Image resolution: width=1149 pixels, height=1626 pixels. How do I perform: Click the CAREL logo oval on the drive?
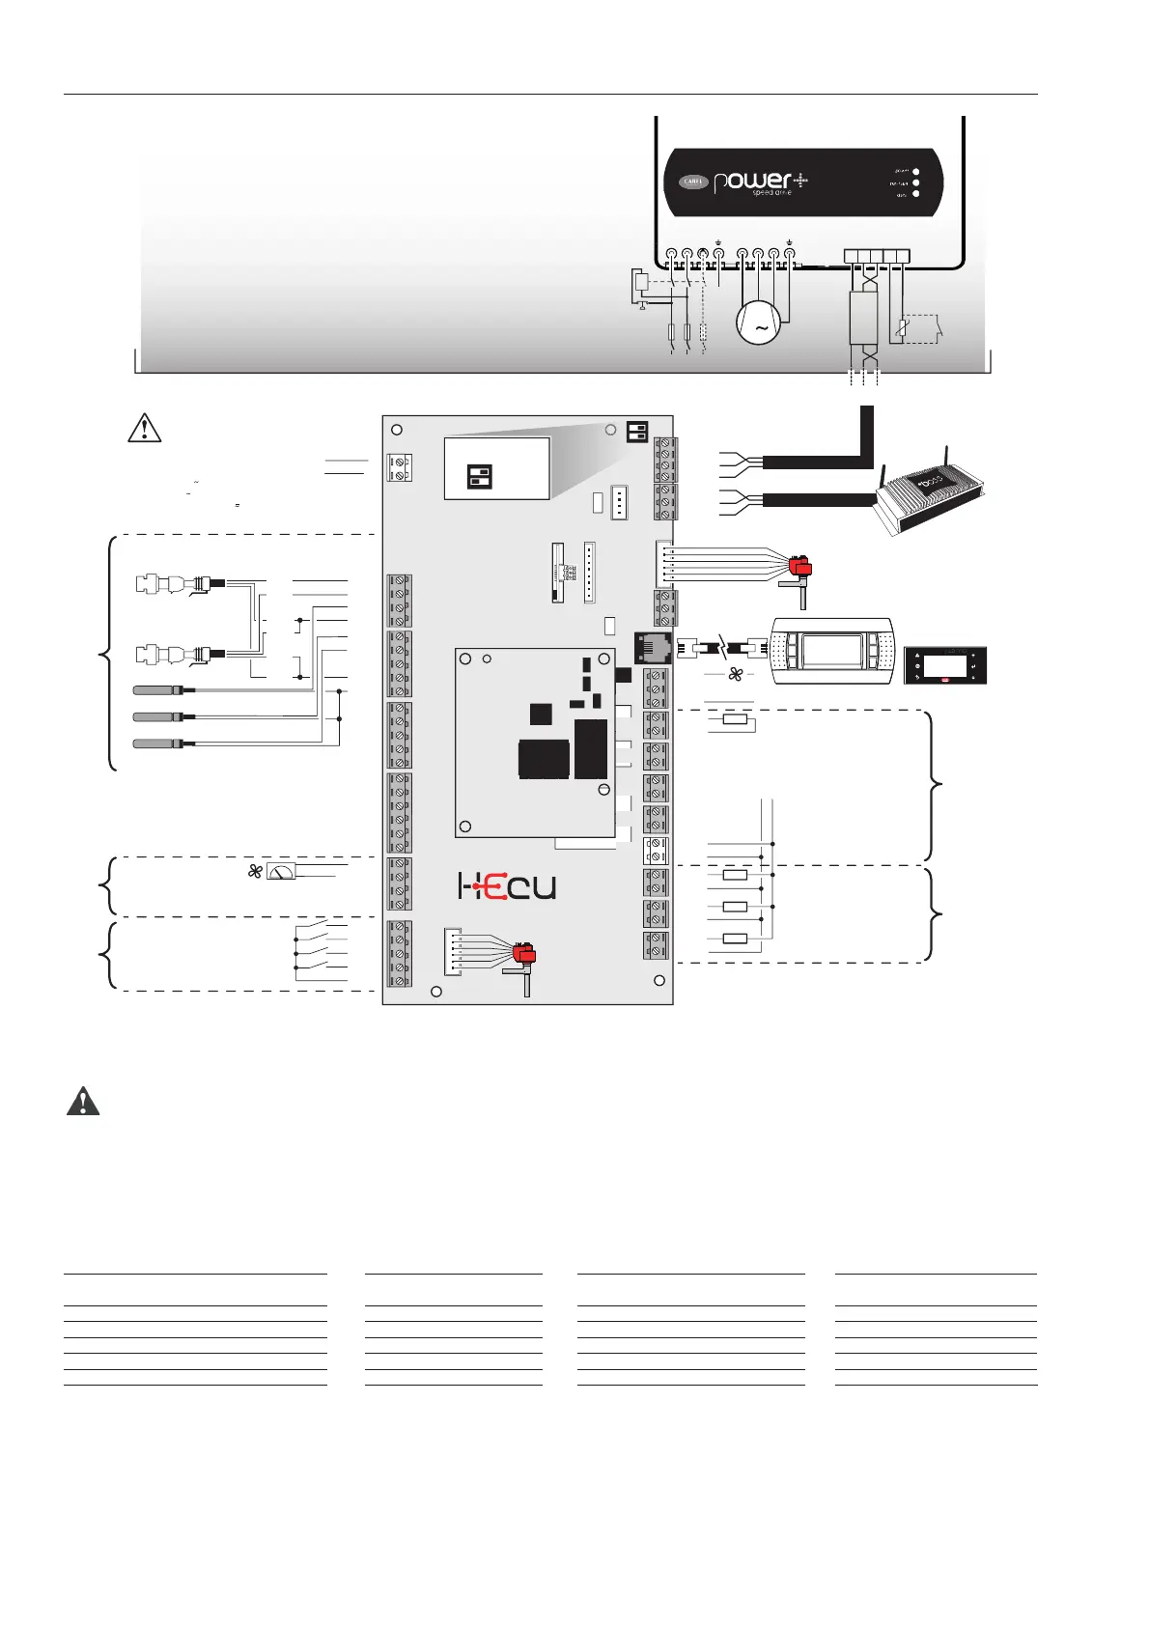pos(693,182)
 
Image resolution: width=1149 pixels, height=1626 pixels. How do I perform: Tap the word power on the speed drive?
pos(752,182)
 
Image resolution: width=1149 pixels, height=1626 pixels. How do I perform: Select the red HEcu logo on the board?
pos(507,886)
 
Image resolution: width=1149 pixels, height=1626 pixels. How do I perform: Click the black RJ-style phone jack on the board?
pos(651,647)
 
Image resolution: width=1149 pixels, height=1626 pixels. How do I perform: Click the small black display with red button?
pos(944,666)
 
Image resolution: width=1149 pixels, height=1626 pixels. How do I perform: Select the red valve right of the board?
pos(799,569)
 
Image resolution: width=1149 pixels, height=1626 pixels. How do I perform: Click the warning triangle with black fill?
pos(83,1102)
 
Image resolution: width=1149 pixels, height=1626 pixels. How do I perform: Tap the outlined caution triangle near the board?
pos(144,427)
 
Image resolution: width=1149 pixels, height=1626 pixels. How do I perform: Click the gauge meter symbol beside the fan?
pos(281,872)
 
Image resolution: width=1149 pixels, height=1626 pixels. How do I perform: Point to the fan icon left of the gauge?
pos(255,871)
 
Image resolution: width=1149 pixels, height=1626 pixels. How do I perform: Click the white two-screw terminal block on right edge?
pos(656,851)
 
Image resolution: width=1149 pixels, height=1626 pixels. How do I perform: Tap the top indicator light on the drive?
pos(915,173)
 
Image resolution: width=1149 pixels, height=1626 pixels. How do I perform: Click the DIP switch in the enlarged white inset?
pos(480,475)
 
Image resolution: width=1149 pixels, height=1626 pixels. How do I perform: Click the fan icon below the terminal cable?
pos(735,674)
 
